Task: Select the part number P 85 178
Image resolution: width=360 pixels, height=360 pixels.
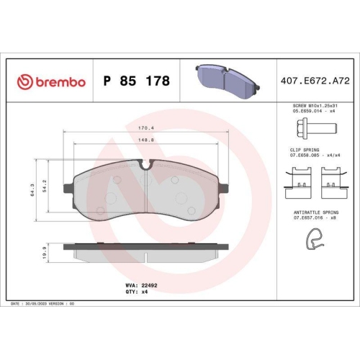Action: (x=137, y=81)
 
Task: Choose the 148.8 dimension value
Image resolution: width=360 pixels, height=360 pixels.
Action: (x=147, y=141)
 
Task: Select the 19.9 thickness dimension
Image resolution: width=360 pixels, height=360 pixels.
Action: (x=45, y=251)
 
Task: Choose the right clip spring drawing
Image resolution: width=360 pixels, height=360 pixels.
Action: (x=332, y=180)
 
